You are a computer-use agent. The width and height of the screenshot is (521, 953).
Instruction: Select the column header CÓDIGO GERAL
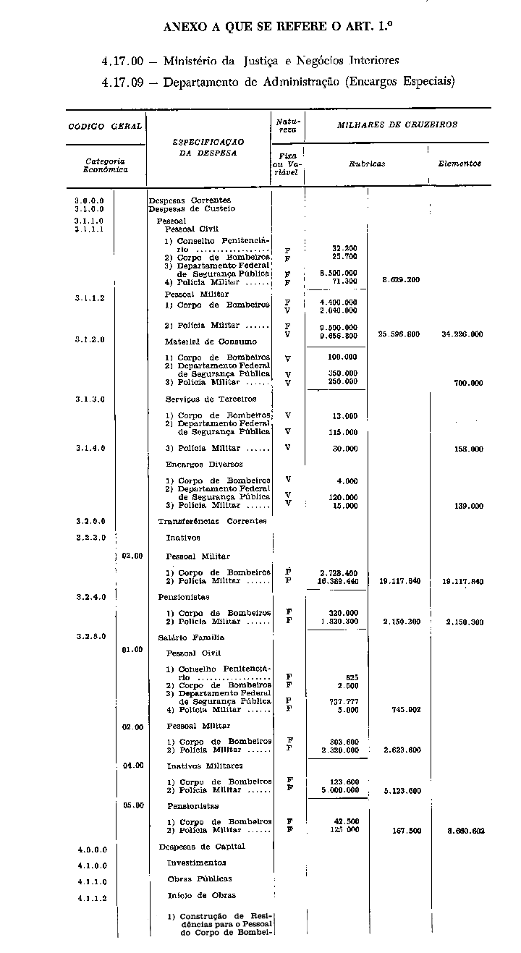tap(105, 126)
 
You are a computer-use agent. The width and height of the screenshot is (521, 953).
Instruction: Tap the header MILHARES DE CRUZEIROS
tap(397, 124)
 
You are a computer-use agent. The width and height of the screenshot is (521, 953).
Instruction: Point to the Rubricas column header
tap(367, 164)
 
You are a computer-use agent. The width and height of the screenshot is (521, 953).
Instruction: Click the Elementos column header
tap(459, 164)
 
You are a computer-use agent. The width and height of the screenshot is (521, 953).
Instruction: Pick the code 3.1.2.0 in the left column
tap(89, 340)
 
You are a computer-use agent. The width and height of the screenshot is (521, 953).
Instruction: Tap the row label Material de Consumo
tap(211, 341)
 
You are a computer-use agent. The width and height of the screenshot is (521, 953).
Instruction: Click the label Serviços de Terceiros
tap(211, 399)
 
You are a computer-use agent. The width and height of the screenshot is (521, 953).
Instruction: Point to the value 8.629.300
tap(400, 279)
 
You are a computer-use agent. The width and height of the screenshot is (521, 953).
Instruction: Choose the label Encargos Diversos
tap(204, 465)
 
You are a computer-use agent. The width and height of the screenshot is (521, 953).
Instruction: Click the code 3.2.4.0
tap(89, 598)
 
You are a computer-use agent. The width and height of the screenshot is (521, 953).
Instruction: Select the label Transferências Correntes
tap(212, 521)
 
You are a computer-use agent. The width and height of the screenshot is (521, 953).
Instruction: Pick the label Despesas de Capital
tap(202, 846)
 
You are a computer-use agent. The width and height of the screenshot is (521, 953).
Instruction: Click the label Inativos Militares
tap(205, 766)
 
